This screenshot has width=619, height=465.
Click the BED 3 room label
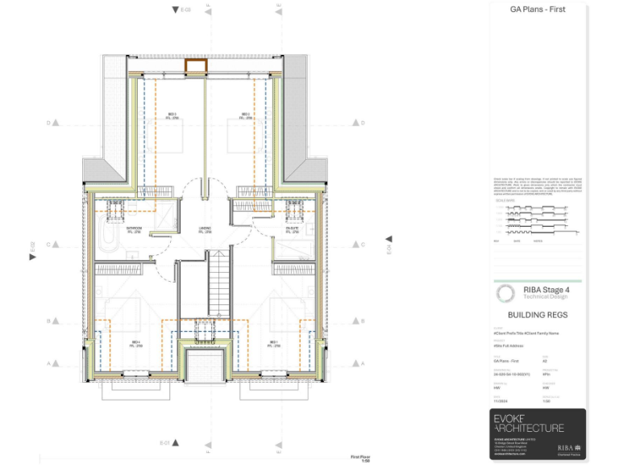(x=172, y=115)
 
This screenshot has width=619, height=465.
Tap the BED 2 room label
(x=245, y=115)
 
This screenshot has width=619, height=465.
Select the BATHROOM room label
(x=134, y=229)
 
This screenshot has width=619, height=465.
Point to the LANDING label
(x=205, y=229)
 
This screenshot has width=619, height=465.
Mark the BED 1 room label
(x=274, y=343)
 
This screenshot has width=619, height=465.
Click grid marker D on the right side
(x=356, y=124)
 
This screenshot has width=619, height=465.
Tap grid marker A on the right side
(x=356, y=364)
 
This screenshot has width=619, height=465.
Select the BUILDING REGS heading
(x=538, y=316)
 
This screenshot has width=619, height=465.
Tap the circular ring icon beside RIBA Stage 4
(x=505, y=292)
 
